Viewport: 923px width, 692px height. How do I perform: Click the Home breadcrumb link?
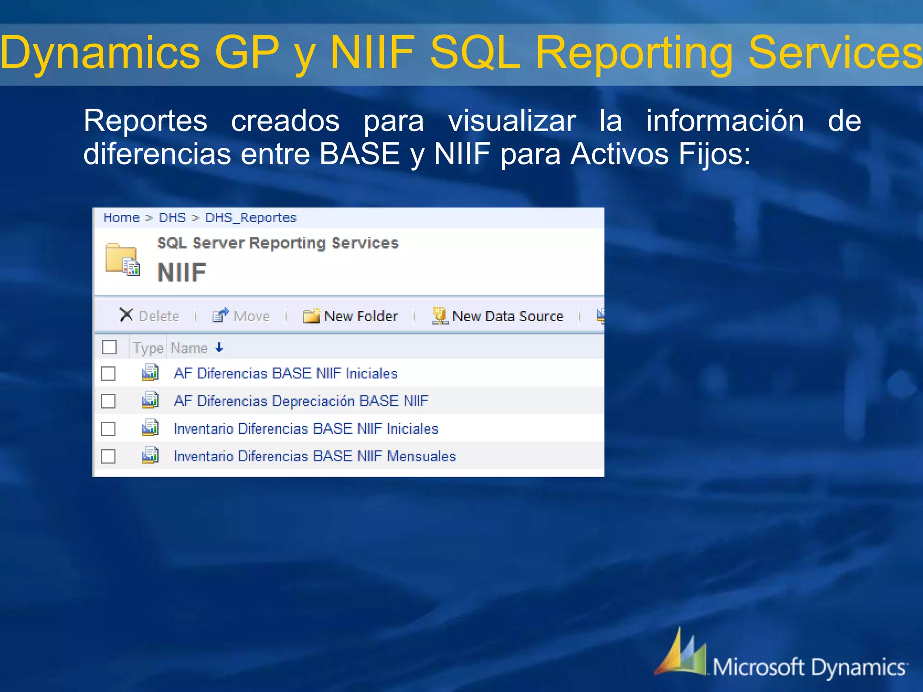pos(121,218)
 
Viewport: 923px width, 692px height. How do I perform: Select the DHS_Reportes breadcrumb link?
pos(251,218)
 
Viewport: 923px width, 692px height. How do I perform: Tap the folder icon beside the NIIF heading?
pos(122,259)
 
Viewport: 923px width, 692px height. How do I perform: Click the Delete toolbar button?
pos(149,316)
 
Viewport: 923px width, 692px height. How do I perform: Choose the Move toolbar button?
pos(241,316)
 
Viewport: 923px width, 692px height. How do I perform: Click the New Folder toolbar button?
pos(351,316)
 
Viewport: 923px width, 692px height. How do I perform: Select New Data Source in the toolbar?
pos(498,316)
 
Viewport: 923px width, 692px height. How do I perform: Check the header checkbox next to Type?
pos(110,347)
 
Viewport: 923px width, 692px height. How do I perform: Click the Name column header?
pos(189,348)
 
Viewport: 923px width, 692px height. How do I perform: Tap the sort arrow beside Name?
pos(219,347)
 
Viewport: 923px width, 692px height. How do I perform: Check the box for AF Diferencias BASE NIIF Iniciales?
pos(108,373)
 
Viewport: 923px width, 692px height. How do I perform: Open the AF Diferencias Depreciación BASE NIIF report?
pos(301,401)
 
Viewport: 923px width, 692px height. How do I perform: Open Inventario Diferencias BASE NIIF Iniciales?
pos(306,428)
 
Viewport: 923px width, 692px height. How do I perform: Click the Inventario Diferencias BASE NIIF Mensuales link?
pos(315,456)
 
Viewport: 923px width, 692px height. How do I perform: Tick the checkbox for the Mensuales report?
pos(108,456)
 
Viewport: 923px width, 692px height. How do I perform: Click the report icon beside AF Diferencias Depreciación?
pos(150,400)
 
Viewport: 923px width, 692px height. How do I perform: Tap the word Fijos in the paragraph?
pos(714,154)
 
